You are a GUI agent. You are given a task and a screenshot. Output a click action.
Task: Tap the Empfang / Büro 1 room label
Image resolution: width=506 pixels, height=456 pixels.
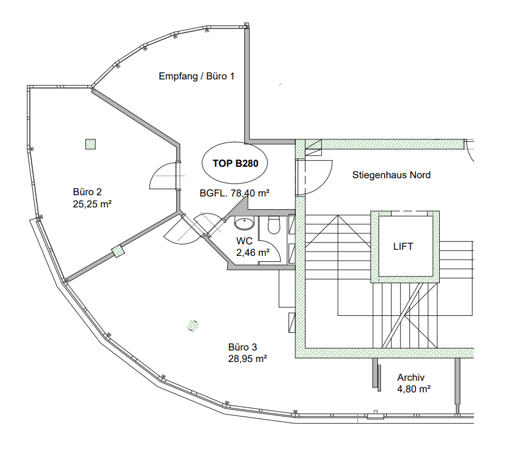coord(196,76)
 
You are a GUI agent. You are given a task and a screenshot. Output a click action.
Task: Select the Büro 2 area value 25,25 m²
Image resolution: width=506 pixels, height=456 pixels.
coord(92,204)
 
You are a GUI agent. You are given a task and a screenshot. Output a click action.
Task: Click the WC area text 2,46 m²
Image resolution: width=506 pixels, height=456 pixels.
coord(253,252)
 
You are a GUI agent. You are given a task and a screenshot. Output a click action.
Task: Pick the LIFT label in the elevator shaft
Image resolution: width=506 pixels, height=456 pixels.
coord(403,247)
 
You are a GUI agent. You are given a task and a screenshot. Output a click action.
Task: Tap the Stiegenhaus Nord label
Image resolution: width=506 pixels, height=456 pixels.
coord(391,175)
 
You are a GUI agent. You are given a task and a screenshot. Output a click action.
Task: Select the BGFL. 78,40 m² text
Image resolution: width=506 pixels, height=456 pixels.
coord(234,193)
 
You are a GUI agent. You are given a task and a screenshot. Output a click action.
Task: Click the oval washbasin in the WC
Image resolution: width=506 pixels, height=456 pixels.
coord(244,224)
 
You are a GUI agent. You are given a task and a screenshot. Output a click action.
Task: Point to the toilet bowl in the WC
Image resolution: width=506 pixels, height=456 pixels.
coord(273,226)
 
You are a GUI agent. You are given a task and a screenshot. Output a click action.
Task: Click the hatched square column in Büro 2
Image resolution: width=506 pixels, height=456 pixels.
coord(91,144)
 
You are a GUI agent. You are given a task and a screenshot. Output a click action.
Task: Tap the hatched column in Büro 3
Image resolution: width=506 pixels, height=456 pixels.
coord(193,326)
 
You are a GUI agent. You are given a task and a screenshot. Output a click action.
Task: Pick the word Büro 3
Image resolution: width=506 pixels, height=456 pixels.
coord(243,347)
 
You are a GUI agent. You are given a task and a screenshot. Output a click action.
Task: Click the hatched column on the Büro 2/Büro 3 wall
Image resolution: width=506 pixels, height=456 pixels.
coord(117,251)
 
